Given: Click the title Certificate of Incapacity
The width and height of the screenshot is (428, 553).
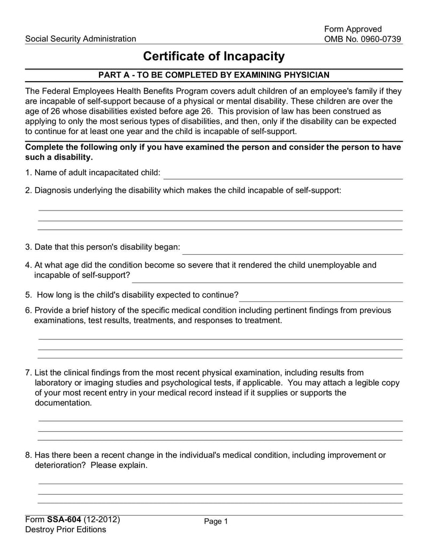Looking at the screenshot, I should pyautogui.click(x=213, y=57).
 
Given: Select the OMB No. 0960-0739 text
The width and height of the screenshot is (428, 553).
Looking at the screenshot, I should pyautogui.click(x=363, y=39).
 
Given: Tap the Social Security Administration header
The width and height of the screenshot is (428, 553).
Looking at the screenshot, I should pyautogui.click(x=81, y=39).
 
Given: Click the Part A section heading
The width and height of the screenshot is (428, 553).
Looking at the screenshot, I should pyautogui.click(x=213, y=75).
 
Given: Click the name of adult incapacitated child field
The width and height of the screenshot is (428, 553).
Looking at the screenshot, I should pyautogui.click(x=284, y=174).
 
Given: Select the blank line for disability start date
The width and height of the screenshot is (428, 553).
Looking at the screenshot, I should pyautogui.click(x=292, y=250).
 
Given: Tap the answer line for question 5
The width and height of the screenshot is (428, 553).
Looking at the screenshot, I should pyautogui.click(x=321, y=297).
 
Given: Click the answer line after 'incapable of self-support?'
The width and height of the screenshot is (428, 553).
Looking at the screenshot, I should pyautogui.click(x=267, y=277).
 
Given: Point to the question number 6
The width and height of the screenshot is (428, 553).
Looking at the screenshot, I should pyautogui.click(x=29, y=310).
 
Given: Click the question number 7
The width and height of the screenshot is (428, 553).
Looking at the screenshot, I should pyautogui.click(x=29, y=373).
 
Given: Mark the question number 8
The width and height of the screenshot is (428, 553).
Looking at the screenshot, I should pyautogui.click(x=29, y=455).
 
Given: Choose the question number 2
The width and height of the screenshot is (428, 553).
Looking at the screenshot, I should pyautogui.click(x=29, y=190).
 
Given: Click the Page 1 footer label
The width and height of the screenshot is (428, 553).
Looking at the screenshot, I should pyautogui.click(x=216, y=522).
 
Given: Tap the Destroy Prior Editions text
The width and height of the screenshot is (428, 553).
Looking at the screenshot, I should pyautogui.click(x=66, y=529).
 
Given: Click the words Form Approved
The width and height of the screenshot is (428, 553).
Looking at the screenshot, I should pyautogui.click(x=353, y=29).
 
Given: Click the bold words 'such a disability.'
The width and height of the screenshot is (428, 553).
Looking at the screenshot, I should pyautogui.click(x=59, y=158).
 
